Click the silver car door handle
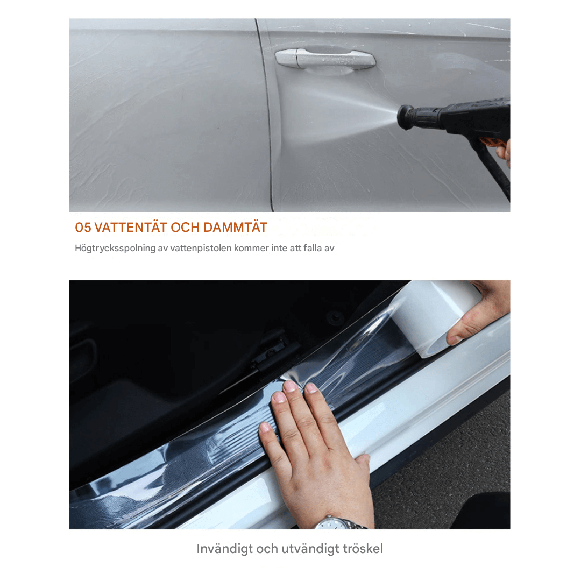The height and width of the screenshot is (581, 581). tap(325, 59)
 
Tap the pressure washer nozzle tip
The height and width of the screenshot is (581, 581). tap(401, 117)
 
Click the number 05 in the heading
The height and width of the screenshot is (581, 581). tap(83, 228)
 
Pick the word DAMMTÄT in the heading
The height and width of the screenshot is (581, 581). tap(235, 227)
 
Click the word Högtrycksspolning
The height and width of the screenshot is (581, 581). tap(115, 248)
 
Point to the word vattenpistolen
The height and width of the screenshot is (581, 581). tap(201, 248)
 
